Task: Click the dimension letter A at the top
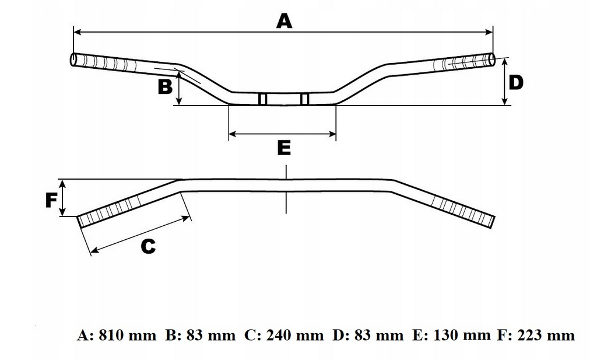click(283, 22)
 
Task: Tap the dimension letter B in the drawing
click(165, 87)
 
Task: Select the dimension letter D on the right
click(516, 82)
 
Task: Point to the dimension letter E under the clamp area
click(283, 148)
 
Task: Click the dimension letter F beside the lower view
click(51, 201)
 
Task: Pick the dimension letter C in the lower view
click(148, 247)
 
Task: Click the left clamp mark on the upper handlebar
click(262, 99)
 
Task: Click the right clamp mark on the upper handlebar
click(304, 99)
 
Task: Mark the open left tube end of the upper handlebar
click(73, 60)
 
